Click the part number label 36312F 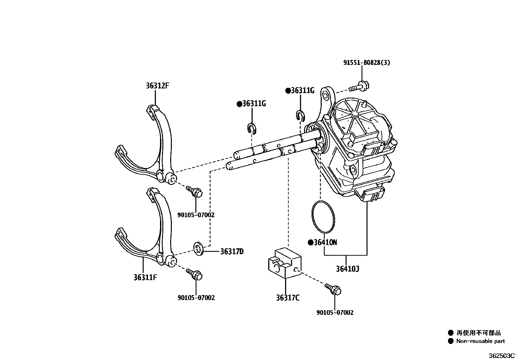157,86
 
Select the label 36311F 145,277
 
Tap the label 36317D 232,252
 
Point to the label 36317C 287,298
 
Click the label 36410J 348,269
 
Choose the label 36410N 325,242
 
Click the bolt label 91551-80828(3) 367,63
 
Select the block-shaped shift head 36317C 285,262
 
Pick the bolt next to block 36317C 333,289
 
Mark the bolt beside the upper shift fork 194,191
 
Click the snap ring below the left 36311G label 251,128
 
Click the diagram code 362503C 502,355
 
